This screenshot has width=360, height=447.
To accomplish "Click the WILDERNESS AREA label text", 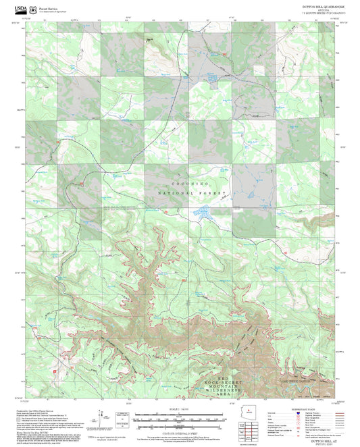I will click(x=230, y=392).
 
